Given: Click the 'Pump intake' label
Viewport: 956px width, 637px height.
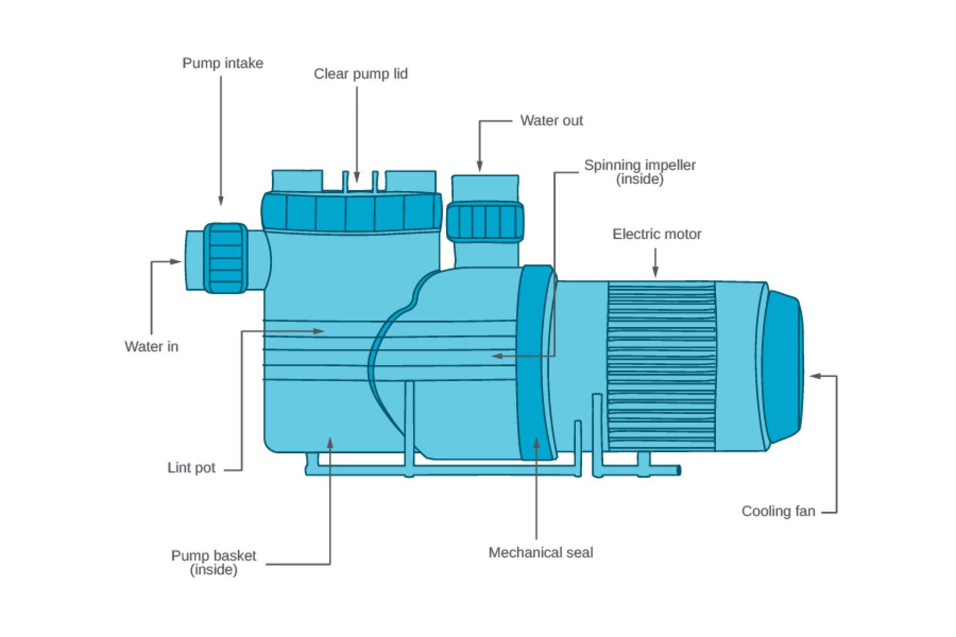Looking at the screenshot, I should point(222,63).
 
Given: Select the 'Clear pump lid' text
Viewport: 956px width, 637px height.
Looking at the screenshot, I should point(361,74).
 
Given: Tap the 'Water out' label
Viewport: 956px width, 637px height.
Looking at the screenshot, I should point(551,121).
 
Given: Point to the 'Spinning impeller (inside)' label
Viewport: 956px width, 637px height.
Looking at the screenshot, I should point(640,171).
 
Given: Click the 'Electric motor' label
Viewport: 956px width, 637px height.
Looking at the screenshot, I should point(657,234).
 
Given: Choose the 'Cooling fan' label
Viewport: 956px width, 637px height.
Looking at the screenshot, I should point(778,511).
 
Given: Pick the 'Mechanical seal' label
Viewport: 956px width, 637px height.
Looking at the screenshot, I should point(541,552).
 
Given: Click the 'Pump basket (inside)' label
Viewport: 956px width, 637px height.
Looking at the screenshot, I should point(213,562).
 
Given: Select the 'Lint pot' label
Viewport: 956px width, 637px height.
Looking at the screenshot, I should point(191,468).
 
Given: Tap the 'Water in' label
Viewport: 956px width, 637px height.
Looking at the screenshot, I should point(151,346).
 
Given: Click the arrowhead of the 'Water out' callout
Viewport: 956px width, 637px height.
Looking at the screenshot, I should point(480,167).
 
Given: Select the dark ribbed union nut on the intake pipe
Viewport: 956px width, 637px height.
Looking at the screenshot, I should point(225,258).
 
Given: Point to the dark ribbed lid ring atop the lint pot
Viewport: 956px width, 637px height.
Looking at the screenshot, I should point(351,212).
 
